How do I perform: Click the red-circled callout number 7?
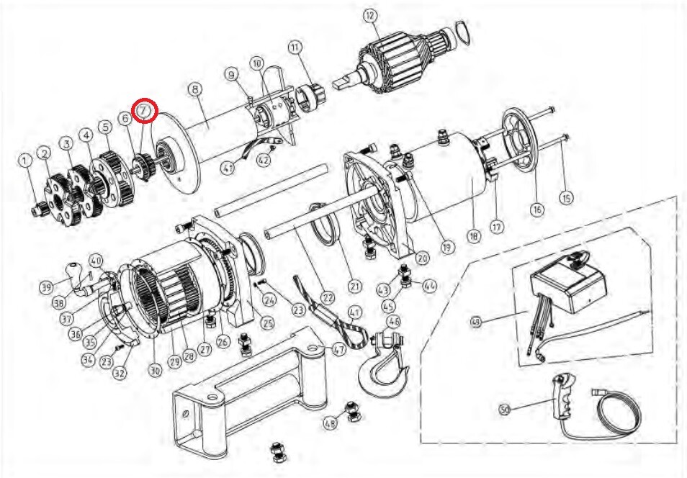[x=145, y=110]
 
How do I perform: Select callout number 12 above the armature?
[x=369, y=15]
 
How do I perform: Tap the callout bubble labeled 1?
[x=26, y=160]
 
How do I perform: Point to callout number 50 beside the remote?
[x=505, y=410]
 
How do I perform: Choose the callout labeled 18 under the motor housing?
[x=473, y=235]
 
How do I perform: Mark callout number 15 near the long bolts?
[x=565, y=197]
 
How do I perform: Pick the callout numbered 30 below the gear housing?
[x=155, y=371]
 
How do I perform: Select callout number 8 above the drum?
[x=193, y=89]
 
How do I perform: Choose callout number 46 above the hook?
[x=393, y=320]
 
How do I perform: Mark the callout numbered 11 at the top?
[x=295, y=48]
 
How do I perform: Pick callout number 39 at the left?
[x=48, y=288]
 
